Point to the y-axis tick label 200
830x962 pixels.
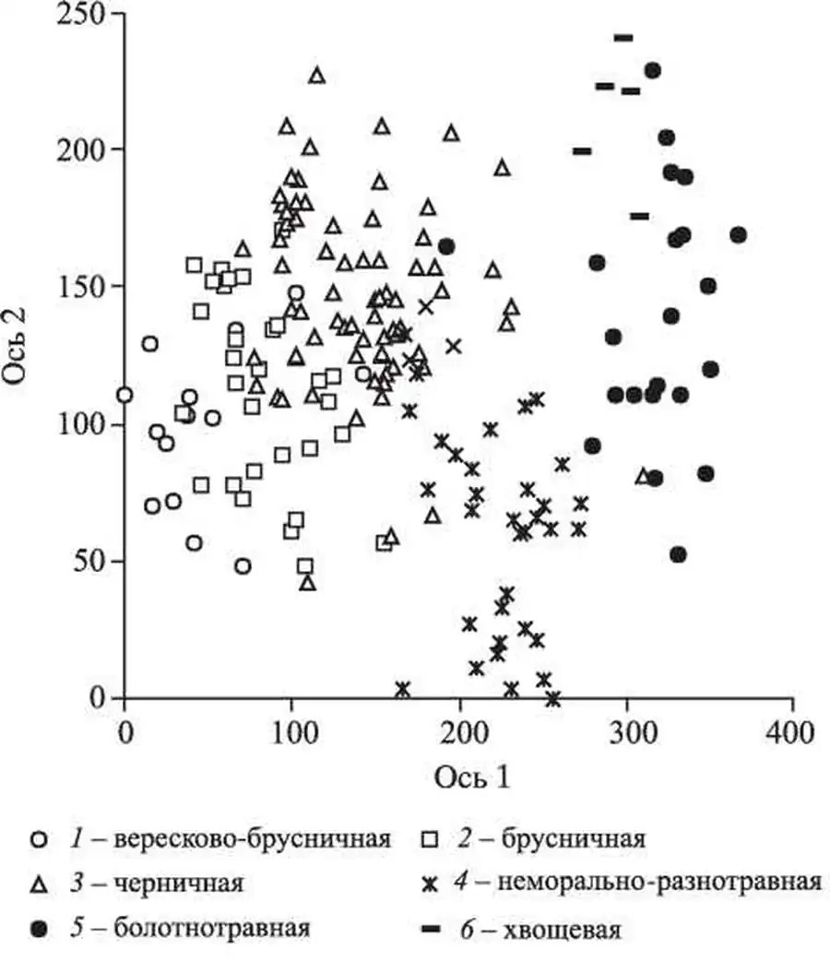coord(79,149)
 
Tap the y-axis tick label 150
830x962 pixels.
coord(79,286)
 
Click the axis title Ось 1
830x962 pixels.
coord(472,777)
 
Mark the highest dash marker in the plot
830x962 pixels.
coord(623,38)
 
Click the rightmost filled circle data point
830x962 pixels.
coord(738,235)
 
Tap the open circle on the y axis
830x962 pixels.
coord(125,395)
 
